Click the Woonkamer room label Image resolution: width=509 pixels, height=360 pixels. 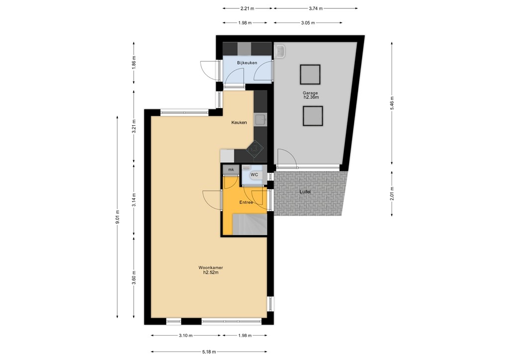pyautogui.click(x=211, y=268)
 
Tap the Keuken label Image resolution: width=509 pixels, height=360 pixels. pyautogui.click(x=239, y=122)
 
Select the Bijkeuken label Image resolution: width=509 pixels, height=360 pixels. pyautogui.click(x=247, y=63)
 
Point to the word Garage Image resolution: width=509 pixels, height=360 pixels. pyautogui.click(x=310, y=93)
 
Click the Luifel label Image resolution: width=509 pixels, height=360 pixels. pyautogui.click(x=305, y=192)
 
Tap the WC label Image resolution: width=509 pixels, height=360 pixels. pyautogui.click(x=254, y=175)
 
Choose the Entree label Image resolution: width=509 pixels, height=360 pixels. pyautogui.click(x=246, y=202)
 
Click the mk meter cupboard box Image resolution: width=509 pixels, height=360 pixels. pyautogui.click(x=231, y=170)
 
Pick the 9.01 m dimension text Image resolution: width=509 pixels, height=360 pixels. pyautogui.click(x=117, y=217)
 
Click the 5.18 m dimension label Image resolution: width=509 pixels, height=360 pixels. pyautogui.click(x=209, y=352)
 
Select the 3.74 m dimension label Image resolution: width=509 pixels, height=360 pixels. pyautogui.click(x=316, y=8)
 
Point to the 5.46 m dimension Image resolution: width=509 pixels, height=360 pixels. pyautogui.click(x=392, y=103)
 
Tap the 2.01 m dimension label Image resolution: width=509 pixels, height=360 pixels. pyautogui.click(x=392, y=193)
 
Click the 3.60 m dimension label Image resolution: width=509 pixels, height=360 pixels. pyautogui.click(x=134, y=277)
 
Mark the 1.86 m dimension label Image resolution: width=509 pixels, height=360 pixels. pyautogui.click(x=134, y=63)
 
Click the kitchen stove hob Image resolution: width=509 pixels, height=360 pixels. pyautogui.click(x=255, y=149)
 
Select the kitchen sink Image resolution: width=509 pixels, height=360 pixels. pyautogui.click(x=260, y=120)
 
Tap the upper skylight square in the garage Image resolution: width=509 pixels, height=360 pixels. pyautogui.click(x=310, y=75)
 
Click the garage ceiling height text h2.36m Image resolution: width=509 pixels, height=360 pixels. pyautogui.click(x=311, y=97)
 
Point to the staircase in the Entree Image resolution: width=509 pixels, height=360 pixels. pyautogui.click(x=250, y=224)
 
